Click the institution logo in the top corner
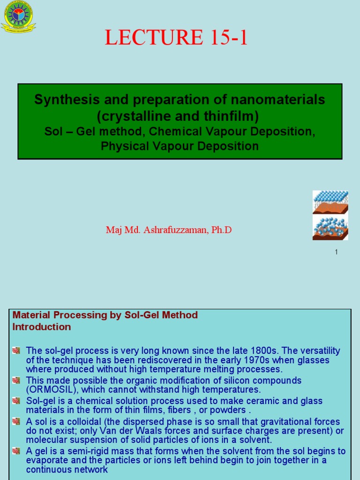click(x=18, y=17)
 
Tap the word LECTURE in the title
click(x=148, y=38)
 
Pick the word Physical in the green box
click(x=123, y=146)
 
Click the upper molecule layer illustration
click(x=330, y=202)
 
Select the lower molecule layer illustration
click(x=330, y=227)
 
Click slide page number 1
click(x=336, y=252)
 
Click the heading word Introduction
click(x=42, y=327)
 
